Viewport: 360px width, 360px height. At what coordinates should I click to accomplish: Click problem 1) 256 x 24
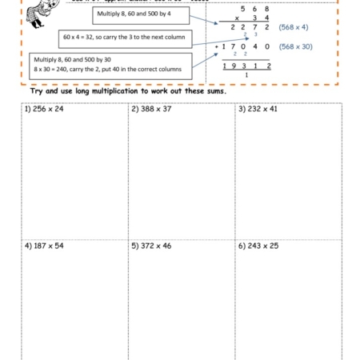pos(44,109)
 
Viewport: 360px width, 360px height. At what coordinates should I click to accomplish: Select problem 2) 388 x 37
pos(151,109)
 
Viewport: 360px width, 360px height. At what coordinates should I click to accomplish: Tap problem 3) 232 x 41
pos(258,109)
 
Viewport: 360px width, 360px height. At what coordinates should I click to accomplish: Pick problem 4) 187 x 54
pos(44,246)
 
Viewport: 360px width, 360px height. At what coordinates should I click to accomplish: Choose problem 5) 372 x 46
pos(151,246)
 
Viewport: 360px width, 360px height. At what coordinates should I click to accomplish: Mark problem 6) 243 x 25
pos(258,246)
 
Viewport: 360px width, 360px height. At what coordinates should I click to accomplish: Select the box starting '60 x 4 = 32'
pos(125,38)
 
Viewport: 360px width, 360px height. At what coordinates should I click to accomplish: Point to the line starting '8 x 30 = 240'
pos(107,70)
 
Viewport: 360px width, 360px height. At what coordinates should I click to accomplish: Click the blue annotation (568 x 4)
pos(294,27)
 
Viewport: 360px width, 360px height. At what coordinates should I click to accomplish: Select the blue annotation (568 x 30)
pos(295,46)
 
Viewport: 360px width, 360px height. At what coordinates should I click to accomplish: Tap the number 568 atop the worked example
pos(254,8)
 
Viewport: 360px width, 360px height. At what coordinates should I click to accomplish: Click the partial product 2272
pos(250,27)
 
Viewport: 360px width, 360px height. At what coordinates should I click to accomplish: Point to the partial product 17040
pos(246,46)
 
